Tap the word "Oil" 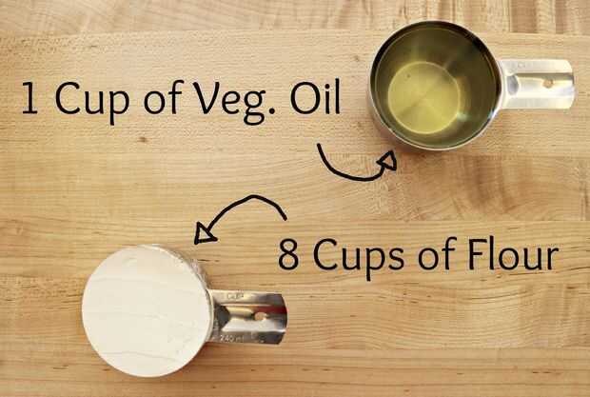click(315, 95)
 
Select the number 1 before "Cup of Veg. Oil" click(29, 98)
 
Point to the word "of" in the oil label click(161, 97)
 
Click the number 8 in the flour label click(288, 254)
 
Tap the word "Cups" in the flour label click(359, 257)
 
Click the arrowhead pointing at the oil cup click(388, 161)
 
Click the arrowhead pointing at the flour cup click(204, 234)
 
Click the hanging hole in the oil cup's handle click(548, 84)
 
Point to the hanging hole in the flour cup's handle click(261, 316)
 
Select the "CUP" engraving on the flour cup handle click(234, 296)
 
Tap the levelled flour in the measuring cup click(146, 310)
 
